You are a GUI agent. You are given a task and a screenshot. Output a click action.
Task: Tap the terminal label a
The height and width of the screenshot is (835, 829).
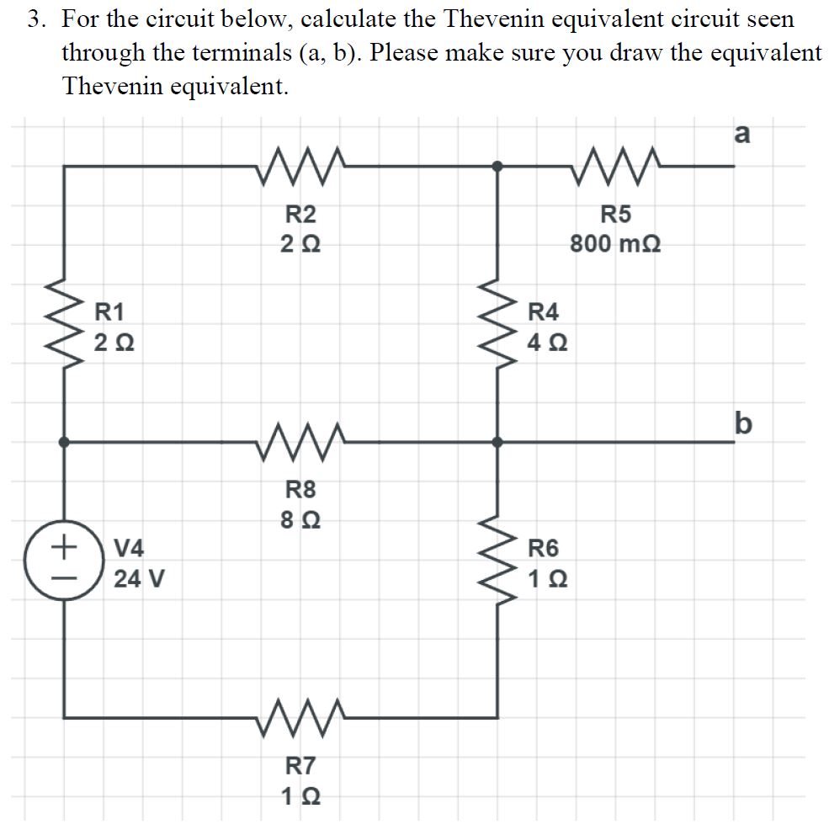741,134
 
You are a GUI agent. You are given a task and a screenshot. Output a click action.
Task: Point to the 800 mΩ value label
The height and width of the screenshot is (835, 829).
615,244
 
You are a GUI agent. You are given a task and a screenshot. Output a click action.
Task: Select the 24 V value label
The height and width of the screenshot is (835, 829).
139,579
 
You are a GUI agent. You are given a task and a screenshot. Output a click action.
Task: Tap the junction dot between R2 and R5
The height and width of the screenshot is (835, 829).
498,167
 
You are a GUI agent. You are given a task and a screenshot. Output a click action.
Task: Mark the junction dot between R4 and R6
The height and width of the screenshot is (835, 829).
498,440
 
